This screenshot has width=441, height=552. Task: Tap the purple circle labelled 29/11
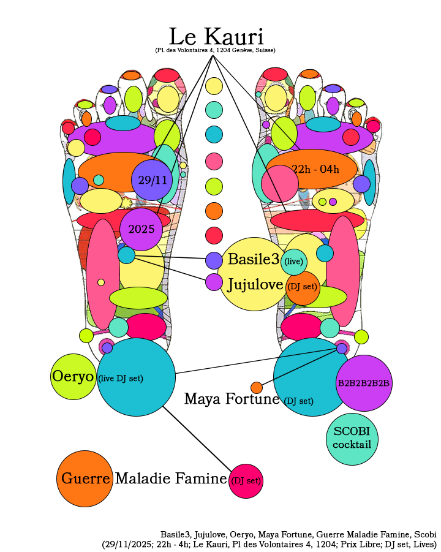[x=152, y=180]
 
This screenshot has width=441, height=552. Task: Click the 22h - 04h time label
[x=315, y=169]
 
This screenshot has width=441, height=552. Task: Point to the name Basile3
[x=254, y=259]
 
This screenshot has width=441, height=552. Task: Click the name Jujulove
[x=255, y=284]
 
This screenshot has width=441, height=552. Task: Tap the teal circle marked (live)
[x=294, y=262]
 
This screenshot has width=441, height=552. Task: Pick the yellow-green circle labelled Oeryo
[x=73, y=377]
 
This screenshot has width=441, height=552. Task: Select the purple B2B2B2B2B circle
[x=364, y=383]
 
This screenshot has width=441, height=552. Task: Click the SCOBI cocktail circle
[x=352, y=439]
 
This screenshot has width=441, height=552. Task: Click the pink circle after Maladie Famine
[x=246, y=481]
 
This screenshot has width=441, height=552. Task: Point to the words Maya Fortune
[x=232, y=399]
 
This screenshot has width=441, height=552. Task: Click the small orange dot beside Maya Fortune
[x=257, y=387]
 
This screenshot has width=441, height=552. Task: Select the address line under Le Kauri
[x=215, y=50]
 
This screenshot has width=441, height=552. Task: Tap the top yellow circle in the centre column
[x=214, y=86]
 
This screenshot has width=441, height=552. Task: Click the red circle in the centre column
[x=214, y=235]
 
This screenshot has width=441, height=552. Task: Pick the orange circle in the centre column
[x=214, y=211]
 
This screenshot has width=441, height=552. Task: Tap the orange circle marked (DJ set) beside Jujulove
[x=303, y=288]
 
